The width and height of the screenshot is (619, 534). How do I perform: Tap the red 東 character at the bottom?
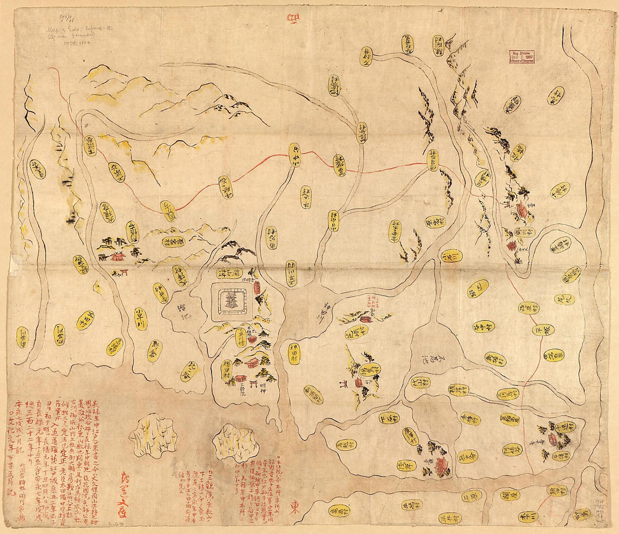tap(294, 508)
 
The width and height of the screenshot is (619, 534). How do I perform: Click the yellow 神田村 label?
tap(294, 354)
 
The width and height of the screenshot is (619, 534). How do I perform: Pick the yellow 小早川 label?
tap(141, 318)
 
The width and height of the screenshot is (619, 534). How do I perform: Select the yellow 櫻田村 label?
tap(227, 370)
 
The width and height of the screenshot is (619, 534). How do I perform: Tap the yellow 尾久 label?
tap(564, 300)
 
